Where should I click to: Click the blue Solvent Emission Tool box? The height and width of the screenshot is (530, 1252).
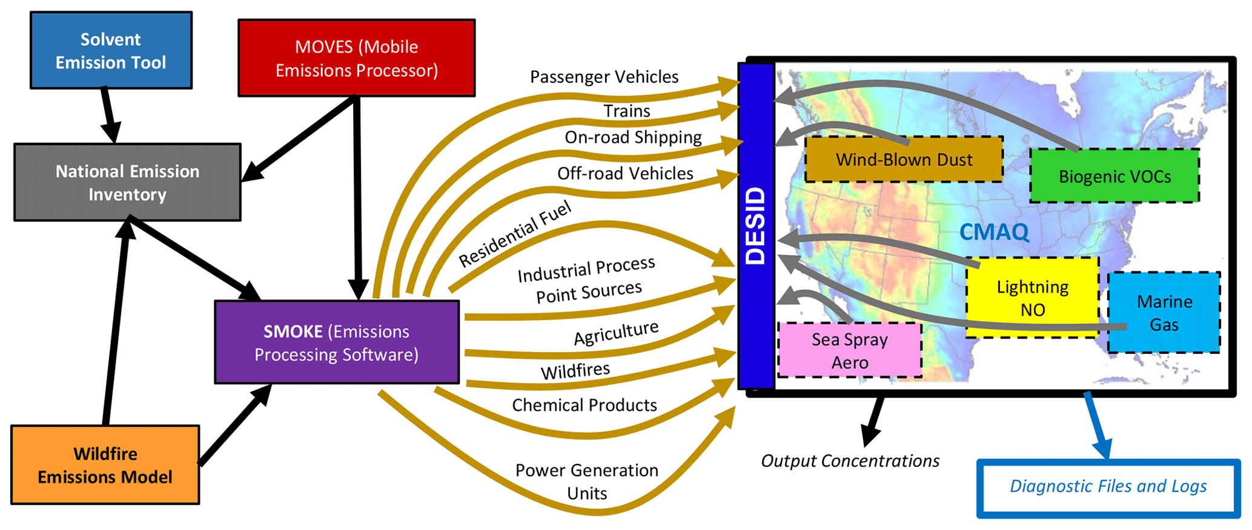click(111, 51)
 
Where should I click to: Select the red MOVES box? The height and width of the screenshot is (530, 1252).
click(356, 59)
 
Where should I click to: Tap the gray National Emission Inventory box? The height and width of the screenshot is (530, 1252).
click(127, 182)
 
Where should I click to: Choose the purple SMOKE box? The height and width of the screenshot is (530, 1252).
click(337, 342)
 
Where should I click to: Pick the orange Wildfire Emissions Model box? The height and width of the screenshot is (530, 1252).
click(105, 465)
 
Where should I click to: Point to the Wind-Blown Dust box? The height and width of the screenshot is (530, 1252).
click(904, 160)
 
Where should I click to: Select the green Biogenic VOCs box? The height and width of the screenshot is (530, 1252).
click(1115, 176)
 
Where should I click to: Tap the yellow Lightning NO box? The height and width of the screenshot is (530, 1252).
click(1032, 298)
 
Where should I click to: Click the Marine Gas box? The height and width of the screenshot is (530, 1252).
click(1164, 312)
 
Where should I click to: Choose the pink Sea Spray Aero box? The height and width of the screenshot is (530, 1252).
click(849, 351)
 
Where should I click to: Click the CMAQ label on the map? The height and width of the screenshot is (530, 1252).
click(994, 232)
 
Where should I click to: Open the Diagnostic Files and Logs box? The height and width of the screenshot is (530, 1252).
click(1108, 487)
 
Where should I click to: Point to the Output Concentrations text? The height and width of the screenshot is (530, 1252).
click(850, 461)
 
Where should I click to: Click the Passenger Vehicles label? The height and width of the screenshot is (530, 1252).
click(604, 77)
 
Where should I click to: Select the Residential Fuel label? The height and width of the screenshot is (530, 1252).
click(515, 234)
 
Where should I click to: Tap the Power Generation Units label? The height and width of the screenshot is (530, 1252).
click(586, 482)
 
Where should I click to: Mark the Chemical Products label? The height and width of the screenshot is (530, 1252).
click(584, 405)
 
